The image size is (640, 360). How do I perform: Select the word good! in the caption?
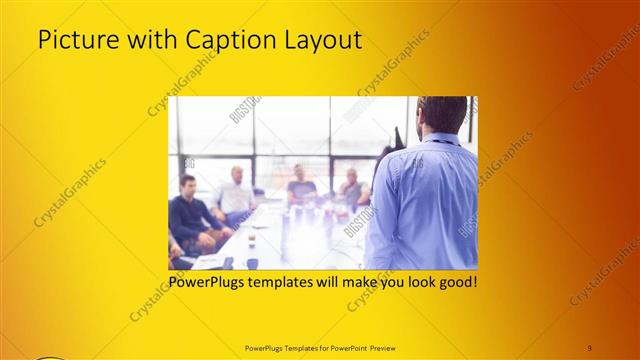point(458,282)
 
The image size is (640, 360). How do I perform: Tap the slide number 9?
point(590,347)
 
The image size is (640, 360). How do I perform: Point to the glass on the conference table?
point(251,240)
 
